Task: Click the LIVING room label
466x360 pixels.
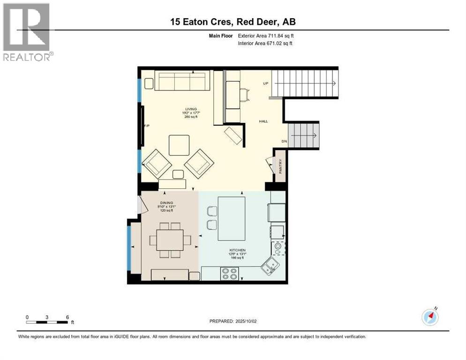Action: (x=190, y=109)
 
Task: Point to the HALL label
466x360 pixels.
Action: (x=263, y=121)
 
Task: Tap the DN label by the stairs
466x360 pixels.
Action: (x=284, y=141)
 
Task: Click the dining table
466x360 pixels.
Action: (x=170, y=240)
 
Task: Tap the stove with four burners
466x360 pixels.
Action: (x=229, y=273)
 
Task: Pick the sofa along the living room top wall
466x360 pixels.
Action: (x=182, y=81)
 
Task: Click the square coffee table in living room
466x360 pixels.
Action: (x=179, y=145)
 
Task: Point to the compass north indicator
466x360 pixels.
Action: (x=430, y=317)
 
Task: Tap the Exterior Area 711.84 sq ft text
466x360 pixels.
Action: (x=266, y=36)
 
